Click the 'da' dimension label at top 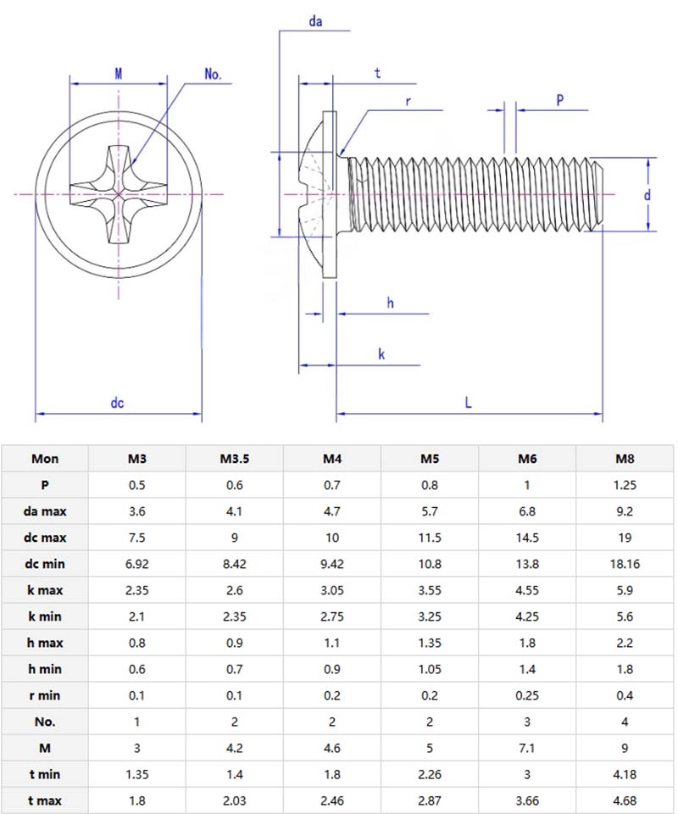[x=315, y=22]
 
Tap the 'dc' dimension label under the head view [x=117, y=404]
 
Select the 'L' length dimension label [x=468, y=404]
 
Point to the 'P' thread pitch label [x=559, y=99]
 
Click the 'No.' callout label [x=213, y=75]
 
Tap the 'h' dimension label [x=390, y=303]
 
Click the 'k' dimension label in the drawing [x=381, y=354]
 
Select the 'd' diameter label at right [x=647, y=194]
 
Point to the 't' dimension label [x=377, y=74]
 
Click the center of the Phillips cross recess [x=118, y=194]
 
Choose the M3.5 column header [x=234, y=459]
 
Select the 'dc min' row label [x=45, y=564]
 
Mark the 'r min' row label [x=45, y=695]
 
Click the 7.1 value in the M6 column [x=527, y=748]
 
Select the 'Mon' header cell [x=45, y=459]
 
